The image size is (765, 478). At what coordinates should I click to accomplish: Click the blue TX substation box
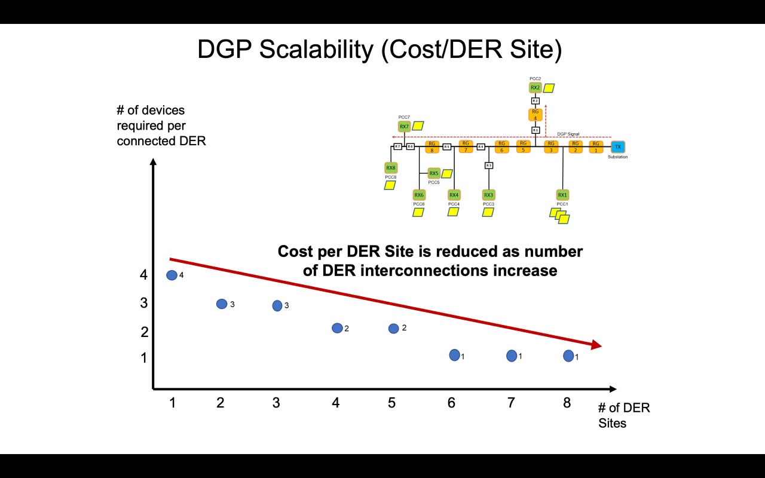[618, 146]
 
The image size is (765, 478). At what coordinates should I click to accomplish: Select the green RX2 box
[535, 88]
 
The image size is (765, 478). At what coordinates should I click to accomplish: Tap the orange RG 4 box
[535, 115]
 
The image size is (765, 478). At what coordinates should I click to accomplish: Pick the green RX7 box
[405, 127]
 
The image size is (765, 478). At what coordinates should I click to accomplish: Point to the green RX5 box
[434, 173]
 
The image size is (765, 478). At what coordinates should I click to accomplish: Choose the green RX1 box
[562, 195]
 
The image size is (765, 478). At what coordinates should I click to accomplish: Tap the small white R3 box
[489, 166]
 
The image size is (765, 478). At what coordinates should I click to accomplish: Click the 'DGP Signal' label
[568, 134]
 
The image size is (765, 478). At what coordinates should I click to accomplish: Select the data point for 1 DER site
[172, 275]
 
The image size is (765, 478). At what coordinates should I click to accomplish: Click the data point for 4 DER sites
[337, 328]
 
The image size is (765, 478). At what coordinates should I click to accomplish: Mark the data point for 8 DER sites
[568, 356]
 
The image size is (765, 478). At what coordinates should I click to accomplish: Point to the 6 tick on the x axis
[451, 403]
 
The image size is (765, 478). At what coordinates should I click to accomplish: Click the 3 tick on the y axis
[144, 303]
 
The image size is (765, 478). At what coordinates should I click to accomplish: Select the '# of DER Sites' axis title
[624, 415]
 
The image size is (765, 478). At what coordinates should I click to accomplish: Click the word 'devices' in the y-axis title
[164, 111]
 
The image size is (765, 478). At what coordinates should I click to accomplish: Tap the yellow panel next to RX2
[549, 88]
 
